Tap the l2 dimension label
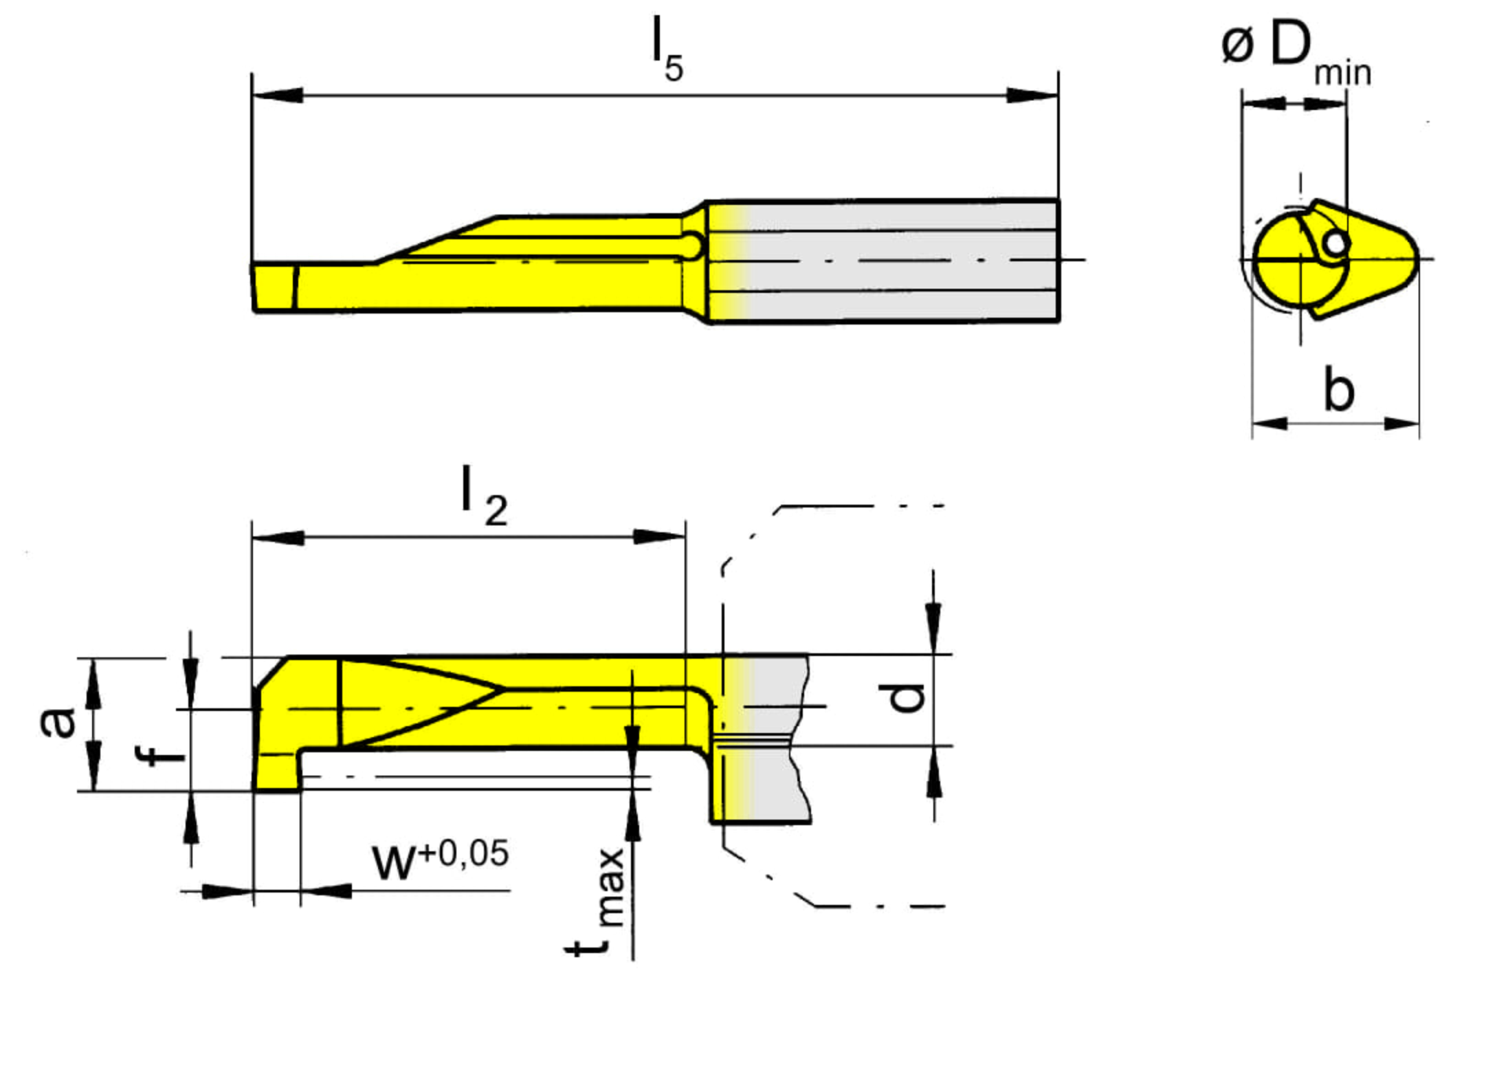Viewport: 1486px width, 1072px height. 484,496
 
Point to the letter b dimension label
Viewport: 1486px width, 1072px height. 1338,389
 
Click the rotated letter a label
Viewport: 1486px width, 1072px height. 58,722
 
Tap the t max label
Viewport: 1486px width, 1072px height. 595,901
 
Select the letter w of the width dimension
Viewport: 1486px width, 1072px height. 394,864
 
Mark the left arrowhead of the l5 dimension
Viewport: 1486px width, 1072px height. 277,95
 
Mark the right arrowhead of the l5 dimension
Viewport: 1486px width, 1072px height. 1032,95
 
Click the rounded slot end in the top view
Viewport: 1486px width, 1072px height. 694,245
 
